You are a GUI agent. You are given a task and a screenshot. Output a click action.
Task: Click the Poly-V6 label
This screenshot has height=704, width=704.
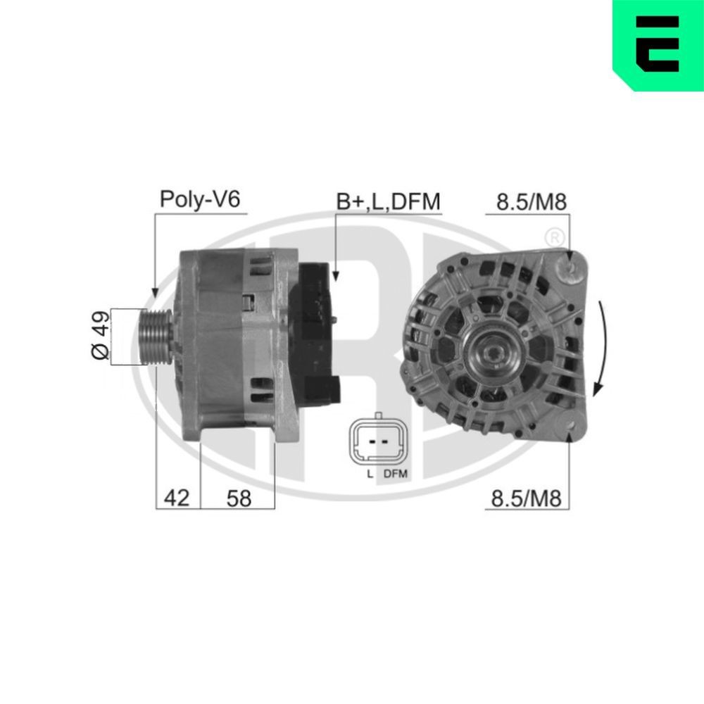click(x=200, y=199)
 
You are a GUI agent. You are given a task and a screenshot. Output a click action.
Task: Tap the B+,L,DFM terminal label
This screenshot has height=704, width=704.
click(x=388, y=201)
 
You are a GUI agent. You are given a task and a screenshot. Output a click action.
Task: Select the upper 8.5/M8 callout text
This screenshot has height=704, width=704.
click(x=532, y=202)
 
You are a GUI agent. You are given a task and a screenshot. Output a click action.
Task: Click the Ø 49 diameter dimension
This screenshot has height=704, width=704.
click(x=101, y=337)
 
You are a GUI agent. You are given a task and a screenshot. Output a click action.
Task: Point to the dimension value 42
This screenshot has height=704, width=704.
click(x=177, y=498)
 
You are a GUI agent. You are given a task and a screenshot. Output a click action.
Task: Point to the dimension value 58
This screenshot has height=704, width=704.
click(x=239, y=498)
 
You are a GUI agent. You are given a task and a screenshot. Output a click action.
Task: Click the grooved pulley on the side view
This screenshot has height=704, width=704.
click(x=156, y=337)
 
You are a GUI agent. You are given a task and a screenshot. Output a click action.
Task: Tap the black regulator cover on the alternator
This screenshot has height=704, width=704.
click(x=315, y=331)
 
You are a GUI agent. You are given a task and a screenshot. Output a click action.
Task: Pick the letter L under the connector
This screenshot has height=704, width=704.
click(x=369, y=474)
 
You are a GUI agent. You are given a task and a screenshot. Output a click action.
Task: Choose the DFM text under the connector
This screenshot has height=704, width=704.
click(x=395, y=474)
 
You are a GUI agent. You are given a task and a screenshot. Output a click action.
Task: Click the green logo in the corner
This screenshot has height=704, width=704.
click(x=658, y=44)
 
